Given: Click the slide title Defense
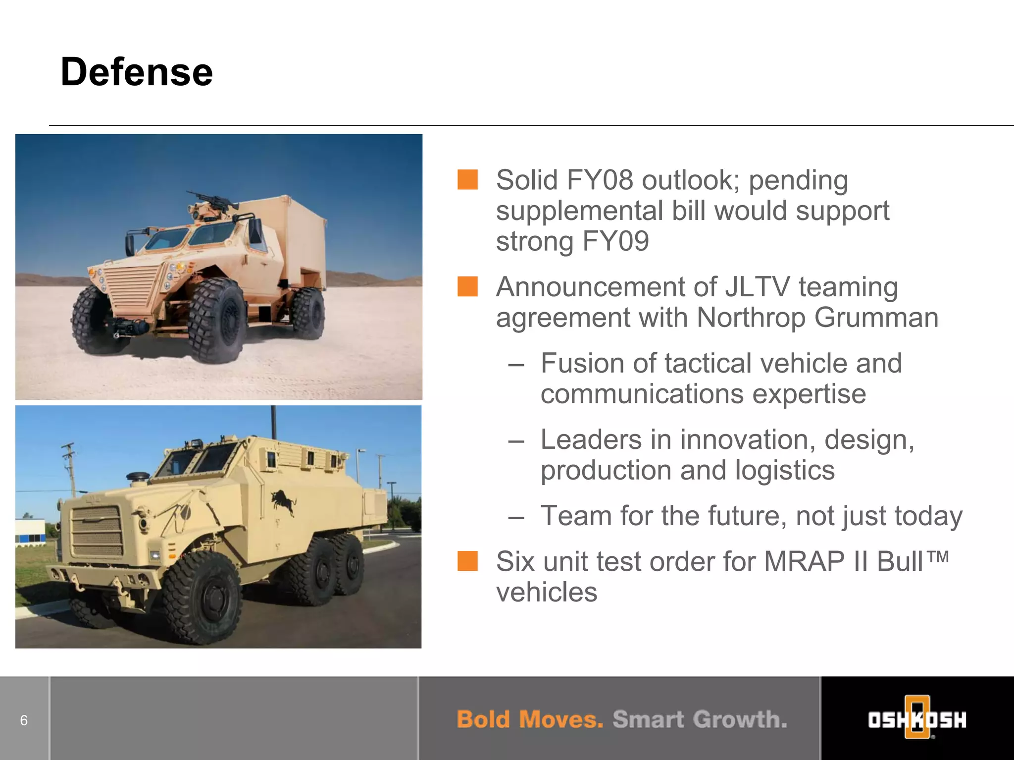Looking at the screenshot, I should pyautogui.click(x=137, y=72).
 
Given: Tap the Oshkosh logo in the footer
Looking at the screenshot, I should pyautogui.click(x=917, y=719).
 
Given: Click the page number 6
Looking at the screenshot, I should pyautogui.click(x=24, y=720).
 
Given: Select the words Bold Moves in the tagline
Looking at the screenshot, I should pyautogui.click(x=529, y=719).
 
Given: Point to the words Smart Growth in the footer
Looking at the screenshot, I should pyautogui.click(x=699, y=719).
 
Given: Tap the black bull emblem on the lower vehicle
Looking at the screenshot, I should pyautogui.click(x=284, y=502).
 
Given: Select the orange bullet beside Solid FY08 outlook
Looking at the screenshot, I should pyautogui.click(x=467, y=180).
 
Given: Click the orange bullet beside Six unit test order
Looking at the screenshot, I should pyautogui.click(x=467, y=561).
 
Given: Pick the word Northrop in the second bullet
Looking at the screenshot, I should pyautogui.click(x=751, y=318).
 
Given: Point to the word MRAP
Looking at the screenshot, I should pyautogui.click(x=804, y=562).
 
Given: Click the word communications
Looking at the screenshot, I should pyautogui.click(x=642, y=394).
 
